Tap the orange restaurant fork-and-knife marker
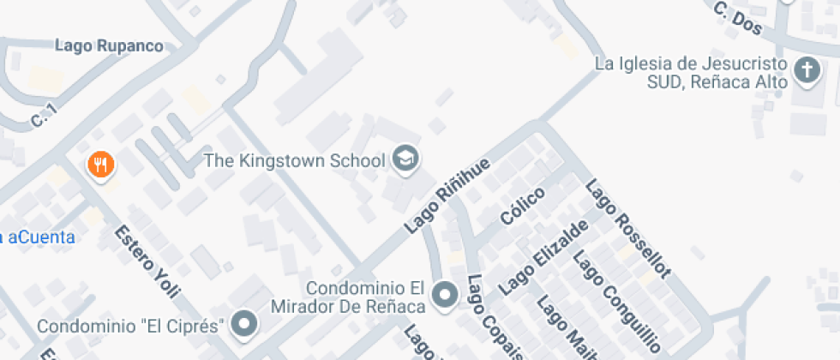[x=101, y=164]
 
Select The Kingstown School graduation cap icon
[x=405, y=158]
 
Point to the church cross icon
[x=807, y=71]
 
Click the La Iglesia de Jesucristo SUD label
[x=691, y=73]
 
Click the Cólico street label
[x=525, y=207]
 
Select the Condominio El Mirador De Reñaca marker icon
[x=444, y=297]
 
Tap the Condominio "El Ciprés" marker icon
[x=246, y=325]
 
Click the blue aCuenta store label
[x=39, y=237]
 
